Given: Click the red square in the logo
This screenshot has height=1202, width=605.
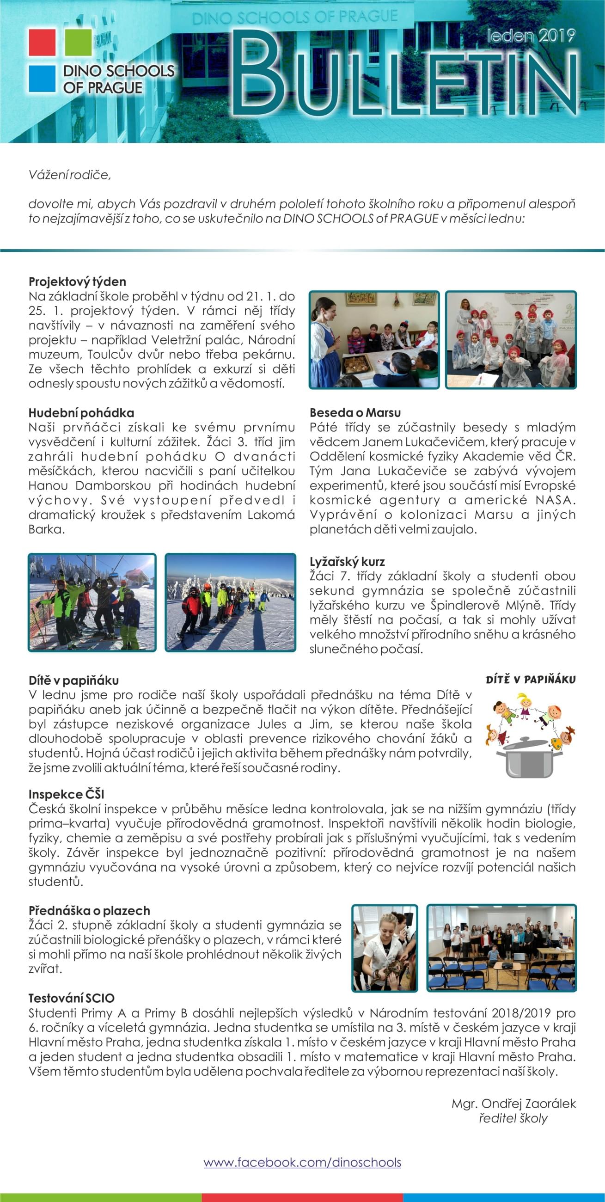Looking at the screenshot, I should click(x=42, y=42).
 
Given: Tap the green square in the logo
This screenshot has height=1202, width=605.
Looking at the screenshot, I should click(x=78, y=42).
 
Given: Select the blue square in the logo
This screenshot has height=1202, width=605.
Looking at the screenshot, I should click(x=42, y=78).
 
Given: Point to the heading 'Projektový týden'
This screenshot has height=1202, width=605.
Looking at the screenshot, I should click(x=78, y=282).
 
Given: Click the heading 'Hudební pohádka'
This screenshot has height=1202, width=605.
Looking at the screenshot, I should click(x=81, y=412).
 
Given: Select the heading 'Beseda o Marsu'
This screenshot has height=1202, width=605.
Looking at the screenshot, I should click(x=355, y=412).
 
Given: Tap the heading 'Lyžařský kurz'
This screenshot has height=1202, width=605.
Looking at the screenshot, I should click(x=347, y=561).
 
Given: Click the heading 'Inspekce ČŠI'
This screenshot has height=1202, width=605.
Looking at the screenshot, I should click(x=66, y=794).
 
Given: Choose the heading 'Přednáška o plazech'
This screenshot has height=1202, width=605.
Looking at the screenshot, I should click(x=89, y=910).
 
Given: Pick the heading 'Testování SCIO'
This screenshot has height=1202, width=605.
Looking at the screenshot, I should click(x=71, y=998).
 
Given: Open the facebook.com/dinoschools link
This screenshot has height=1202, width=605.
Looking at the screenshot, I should click(x=302, y=1162).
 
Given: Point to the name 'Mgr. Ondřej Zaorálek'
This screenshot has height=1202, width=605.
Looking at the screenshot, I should click(x=513, y=1104).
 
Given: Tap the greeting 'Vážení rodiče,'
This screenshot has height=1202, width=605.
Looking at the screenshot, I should click(x=70, y=174).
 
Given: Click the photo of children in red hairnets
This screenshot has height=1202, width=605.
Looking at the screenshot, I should click(x=511, y=340).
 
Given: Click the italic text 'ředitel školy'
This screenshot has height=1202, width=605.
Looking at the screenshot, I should click(x=513, y=1118).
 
